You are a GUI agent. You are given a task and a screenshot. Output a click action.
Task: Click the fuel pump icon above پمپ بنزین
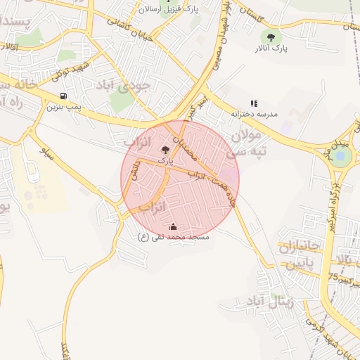(x=64, y=96)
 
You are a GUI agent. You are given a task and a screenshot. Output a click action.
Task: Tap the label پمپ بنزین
(x=64, y=108)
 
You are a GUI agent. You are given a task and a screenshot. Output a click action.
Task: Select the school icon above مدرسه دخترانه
(x=254, y=103)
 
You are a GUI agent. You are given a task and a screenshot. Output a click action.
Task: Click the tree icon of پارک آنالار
(x=271, y=37)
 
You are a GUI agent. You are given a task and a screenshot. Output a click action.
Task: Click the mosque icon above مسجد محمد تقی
(x=174, y=226)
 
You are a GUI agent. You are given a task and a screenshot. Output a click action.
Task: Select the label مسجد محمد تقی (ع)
(x=174, y=238)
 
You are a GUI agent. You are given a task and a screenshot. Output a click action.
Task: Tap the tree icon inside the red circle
(x=165, y=150)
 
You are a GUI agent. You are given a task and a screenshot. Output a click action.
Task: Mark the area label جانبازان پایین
(x=300, y=256)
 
